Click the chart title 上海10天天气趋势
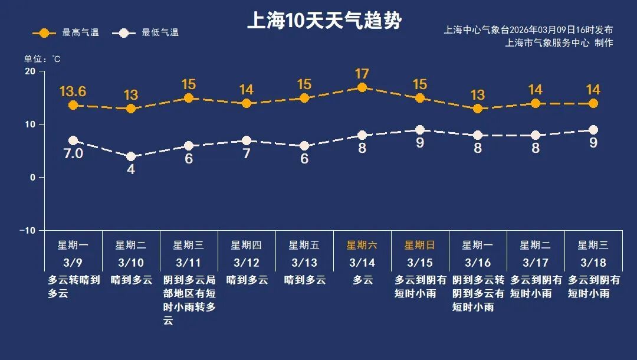tap(324, 21)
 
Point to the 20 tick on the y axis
tap(29, 71)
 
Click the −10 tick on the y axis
tap(27, 230)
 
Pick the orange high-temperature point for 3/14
tap(362, 88)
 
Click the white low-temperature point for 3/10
tap(131, 156)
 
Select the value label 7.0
tap(73, 154)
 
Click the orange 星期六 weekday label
tap(362, 246)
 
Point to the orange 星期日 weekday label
tap(420, 246)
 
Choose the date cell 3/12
tap(247, 262)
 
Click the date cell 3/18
tap(593, 262)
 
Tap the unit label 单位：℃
tap(42, 59)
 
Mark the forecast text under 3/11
tap(189, 300)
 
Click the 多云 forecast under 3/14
tap(362, 280)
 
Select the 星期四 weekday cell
tap(247, 246)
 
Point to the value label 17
tap(362, 74)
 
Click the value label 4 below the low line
tap(131, 169)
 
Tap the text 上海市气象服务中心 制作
tap(559, 42)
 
